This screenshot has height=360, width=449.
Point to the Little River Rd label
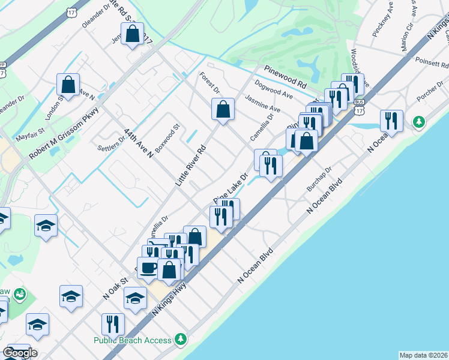(x=191, y=164)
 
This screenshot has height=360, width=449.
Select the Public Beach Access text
(x=133, y=340)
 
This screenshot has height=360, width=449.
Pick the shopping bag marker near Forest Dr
(x=223, y=109)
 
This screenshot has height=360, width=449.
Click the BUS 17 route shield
(x=359, y=107)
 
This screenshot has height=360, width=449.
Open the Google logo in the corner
(x=20, y=353)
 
